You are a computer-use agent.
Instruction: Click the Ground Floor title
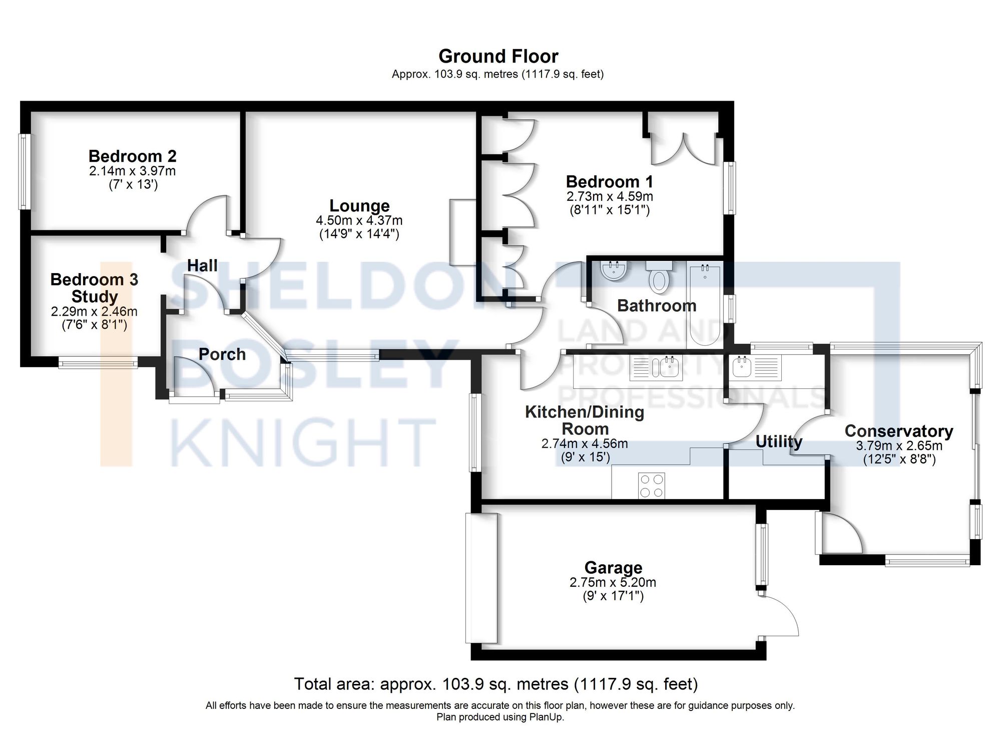click(498, 56)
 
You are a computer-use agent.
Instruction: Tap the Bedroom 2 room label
click(133, 156)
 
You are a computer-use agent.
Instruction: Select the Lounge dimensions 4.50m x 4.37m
click(359, 220)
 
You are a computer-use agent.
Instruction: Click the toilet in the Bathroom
click(658, 279)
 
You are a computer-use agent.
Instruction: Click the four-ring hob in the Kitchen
click(652, 485)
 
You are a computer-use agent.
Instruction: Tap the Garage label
click(613, 568)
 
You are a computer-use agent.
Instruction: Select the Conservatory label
click(898, 431)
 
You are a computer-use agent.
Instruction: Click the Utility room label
click(778, 441)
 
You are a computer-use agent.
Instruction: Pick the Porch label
click(222, 354)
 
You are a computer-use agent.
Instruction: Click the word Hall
click(202, 266)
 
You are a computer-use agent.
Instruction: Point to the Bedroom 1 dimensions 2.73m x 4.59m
click(609, 196)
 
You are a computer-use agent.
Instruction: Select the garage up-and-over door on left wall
click(481, 578)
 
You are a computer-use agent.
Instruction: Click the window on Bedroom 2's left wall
click(24, 171)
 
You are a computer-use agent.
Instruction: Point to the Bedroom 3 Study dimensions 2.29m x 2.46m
click(94, 311)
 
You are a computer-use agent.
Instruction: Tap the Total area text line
click(495, 684)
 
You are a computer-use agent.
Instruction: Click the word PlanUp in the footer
click(548, 717)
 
